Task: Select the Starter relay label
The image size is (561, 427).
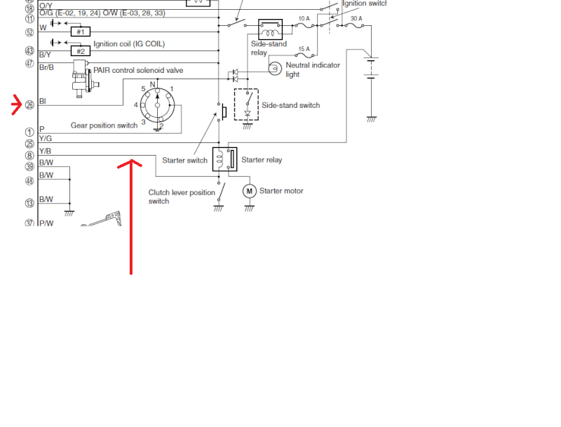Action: click(x=262, y=160)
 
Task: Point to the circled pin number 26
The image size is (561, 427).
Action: click(x=29, y=106)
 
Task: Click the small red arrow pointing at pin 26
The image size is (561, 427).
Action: click(x=17, y=106)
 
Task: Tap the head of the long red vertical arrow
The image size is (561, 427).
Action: click(x=131, y=166)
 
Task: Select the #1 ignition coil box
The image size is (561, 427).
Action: click(x=80, y=32)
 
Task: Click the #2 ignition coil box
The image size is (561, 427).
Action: click(x=80, y=50)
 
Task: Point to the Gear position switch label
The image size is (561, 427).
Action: click(x=103, y=126)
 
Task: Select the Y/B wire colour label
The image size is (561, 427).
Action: click(x=45, y=151)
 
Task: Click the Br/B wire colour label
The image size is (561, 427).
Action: click(x=46, y=67)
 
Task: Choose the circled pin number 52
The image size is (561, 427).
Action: click(x=29, y=32)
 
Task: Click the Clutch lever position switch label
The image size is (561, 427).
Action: click(x=182, y=196)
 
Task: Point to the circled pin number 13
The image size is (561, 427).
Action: click(x=29, y=203)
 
